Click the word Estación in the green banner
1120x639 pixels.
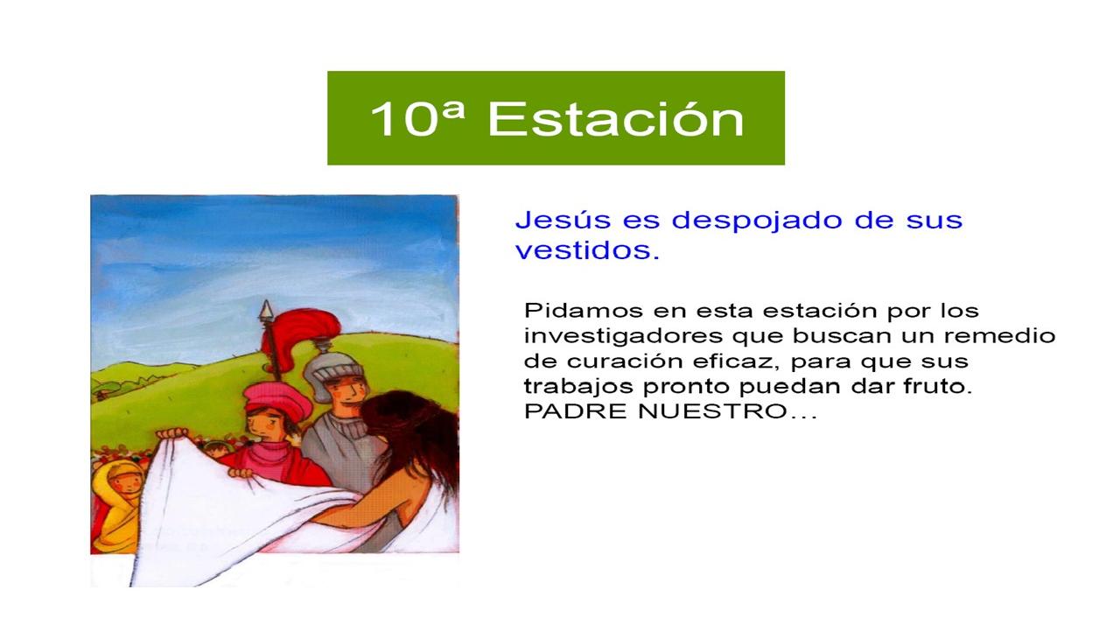(x=616, y=118)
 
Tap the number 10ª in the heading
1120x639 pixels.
(x=417, y=118)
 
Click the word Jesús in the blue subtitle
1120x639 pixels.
(x=563, y=220)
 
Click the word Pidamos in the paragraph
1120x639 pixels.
(x=583, y=311)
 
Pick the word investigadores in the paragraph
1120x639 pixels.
(x=623, y=336)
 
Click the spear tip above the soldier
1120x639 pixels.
(x=266, y=310)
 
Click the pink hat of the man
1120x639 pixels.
(x=276, y=398)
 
